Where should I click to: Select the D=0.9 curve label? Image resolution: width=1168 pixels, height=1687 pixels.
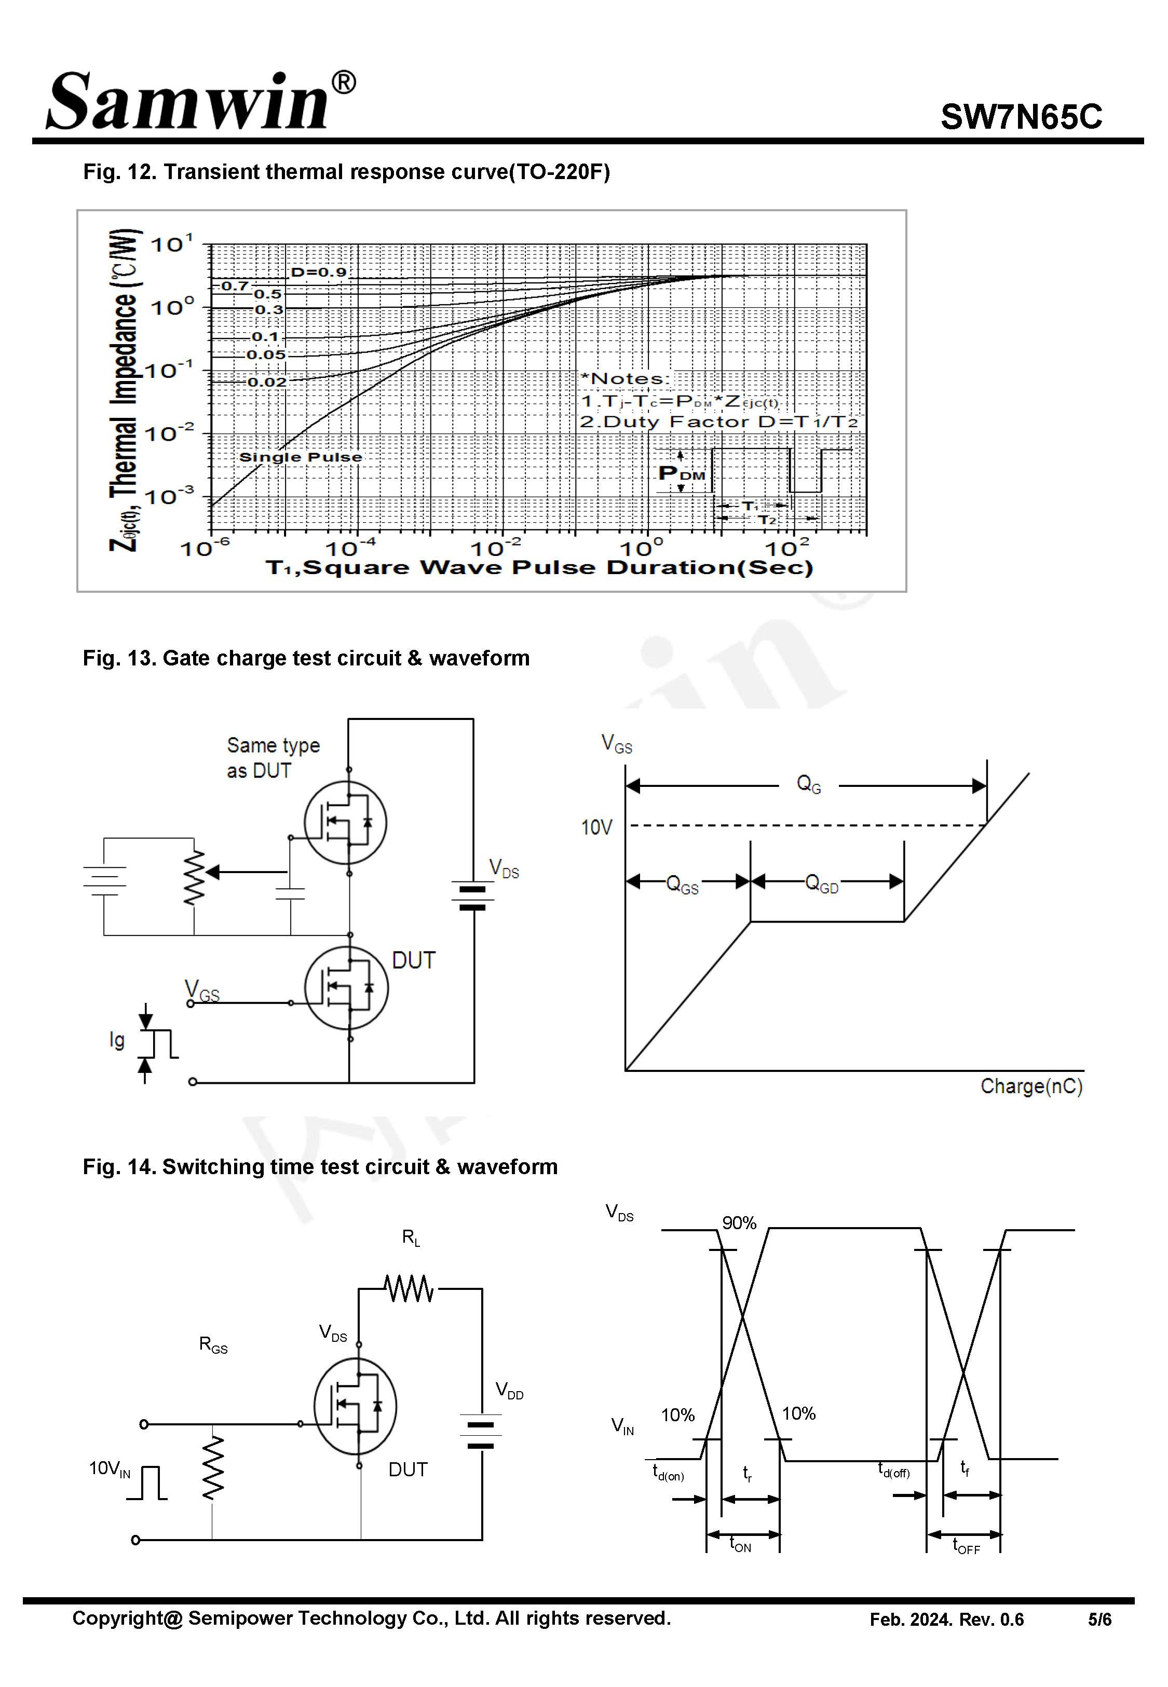(318, 272)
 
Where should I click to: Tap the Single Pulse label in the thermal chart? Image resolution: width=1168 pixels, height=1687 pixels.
(300, 457)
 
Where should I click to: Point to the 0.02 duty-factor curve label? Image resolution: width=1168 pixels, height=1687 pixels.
(266, 382)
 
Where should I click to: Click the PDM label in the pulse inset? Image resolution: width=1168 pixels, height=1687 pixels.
(681, 473)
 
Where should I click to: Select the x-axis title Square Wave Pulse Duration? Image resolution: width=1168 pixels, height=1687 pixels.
(539, 568)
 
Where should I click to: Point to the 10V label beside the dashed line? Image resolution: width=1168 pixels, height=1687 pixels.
(596, 827)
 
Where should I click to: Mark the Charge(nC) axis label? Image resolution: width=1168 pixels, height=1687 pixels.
(1030, 1086)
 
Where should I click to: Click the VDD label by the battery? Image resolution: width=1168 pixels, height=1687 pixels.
(509, 1390)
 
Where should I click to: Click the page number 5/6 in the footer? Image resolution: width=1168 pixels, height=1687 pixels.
(1098, 1620)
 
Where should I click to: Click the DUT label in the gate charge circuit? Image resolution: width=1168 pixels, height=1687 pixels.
(414, 960)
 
